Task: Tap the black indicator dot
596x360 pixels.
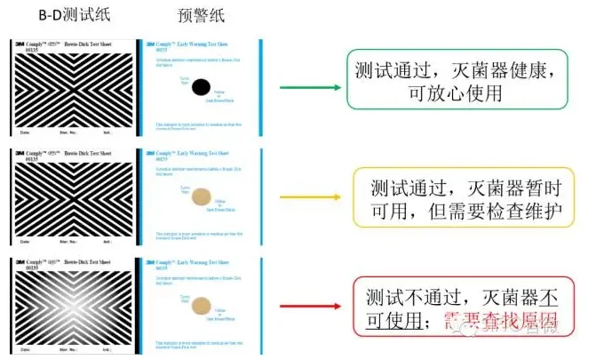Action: pyautogui.click(x=202, y=86)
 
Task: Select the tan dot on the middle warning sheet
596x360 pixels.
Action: pyautogui.click(x=202, y=196)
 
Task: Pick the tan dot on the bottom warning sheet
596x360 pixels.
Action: pyautogui.click(x=202, y=304)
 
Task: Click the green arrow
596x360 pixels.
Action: pyautogui.click(x=310, y=87)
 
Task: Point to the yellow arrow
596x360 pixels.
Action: pyautogui.click(x=310, y=196)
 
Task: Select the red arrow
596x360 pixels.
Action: pyautogui.click(x=310, y=306)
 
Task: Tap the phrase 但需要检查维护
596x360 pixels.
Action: pyautogui.click(x=503, y=210)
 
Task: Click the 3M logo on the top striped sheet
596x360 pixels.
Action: pyautogui.click(x=20, y=43)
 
